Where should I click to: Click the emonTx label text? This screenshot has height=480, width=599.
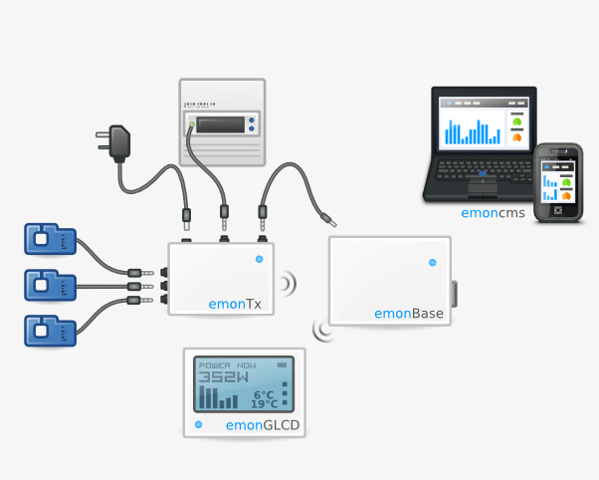pyautogui.click(x=235, y=304)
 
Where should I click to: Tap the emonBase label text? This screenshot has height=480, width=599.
pyautogui.click(x=408, y=314)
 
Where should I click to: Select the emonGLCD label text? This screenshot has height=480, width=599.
pyautogui.click(x=263, y=425)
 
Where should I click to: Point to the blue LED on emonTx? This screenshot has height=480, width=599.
pyautogui.click(x=259, y=259)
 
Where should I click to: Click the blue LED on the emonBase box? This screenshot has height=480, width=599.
pyautogui.click(x=432, y=263)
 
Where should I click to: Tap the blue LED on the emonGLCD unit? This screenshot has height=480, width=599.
pyautogui.click(x=198, y=425)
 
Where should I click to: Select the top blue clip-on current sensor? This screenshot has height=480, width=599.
pyautogui.click(x=49, y=240)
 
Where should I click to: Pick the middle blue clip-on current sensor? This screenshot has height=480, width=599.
pyautogui.click(x=49, y=285)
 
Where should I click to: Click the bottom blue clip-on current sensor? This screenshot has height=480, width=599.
pyautogui.click(x=49, y=330)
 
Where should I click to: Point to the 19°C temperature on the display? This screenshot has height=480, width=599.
pyautogui.click(x=264, y=404)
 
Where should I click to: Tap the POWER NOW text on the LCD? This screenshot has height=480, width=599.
pyautogui.click(x=227, y=365)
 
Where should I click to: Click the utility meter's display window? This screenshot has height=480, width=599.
pyautogui.click(x=220, y=125)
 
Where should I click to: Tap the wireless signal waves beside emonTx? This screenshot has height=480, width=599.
pyautogui.click(x=287, y=284)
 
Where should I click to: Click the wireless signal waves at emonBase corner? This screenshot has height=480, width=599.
pyautogui.click(x=321, y=329)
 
